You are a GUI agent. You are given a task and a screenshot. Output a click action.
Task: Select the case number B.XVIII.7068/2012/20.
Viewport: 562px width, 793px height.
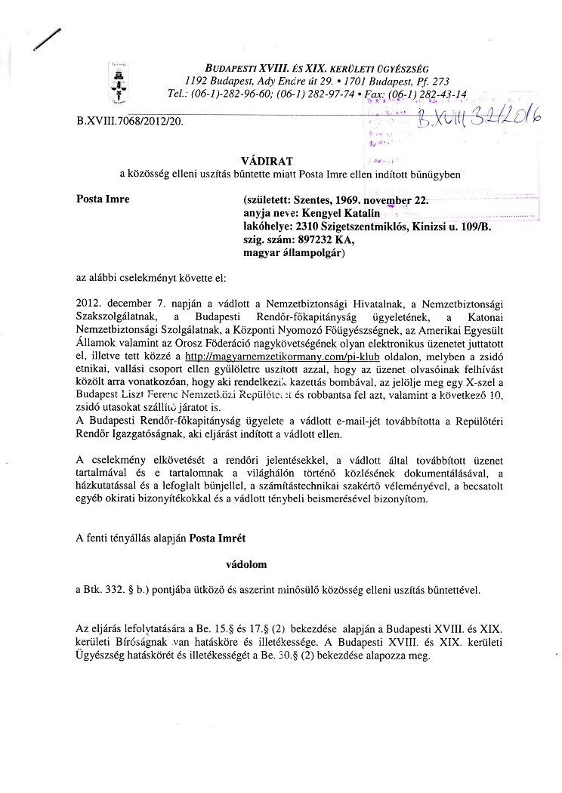pos(130,119)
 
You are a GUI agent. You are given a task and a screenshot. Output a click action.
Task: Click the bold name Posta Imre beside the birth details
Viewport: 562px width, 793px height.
pos(103,199)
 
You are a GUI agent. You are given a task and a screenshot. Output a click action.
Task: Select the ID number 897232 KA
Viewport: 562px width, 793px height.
pos(320,239)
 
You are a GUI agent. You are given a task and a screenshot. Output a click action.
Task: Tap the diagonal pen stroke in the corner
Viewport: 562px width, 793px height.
pos(46,38)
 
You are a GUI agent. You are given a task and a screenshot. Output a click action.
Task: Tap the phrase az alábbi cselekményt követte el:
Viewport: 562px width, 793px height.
pos(146,278)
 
